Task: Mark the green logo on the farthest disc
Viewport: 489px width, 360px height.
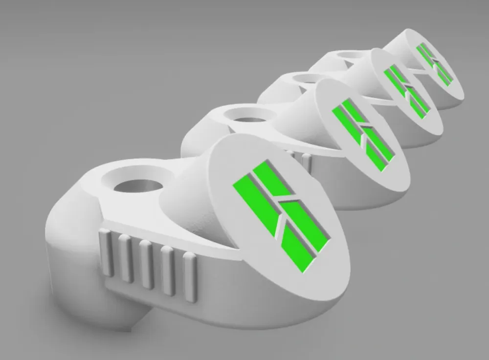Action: [x=435, y=63]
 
